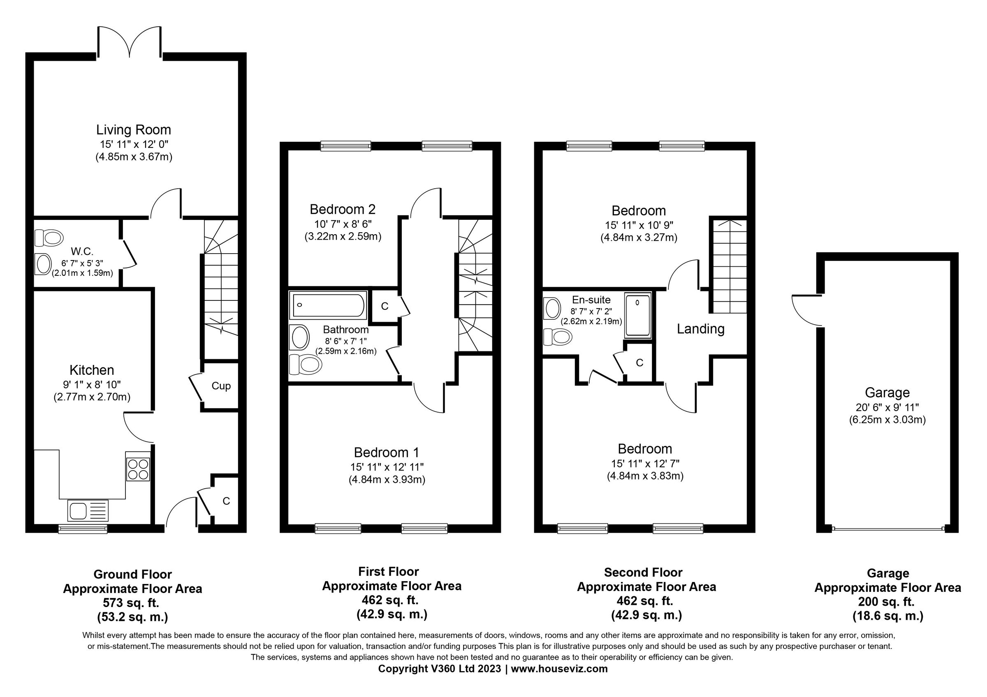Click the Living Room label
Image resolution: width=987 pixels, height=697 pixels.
click(133, 130)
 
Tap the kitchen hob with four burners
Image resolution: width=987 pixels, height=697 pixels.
click(137, 469)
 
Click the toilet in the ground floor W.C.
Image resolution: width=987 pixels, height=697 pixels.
click(49, 238)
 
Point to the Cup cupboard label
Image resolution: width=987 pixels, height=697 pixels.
click(221, 385)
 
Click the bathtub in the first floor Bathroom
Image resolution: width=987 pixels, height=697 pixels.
click(328, 305)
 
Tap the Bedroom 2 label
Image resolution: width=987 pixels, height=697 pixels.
click(342, 210)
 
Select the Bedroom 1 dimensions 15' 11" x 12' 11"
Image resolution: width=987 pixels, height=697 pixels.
click(387, 467)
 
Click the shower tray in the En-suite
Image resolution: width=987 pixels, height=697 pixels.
click(638, 315)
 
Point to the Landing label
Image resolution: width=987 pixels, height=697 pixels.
click(700, 329)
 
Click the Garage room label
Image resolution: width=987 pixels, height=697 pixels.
click(887, 392)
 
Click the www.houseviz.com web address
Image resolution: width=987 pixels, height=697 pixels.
click(559, 669)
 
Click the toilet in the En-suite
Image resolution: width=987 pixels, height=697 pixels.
click(558, 337)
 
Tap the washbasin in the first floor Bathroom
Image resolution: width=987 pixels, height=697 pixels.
click(300, 337)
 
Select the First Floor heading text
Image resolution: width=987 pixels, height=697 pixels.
click(388, 572)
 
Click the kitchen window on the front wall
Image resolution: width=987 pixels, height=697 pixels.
click(83, 529)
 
